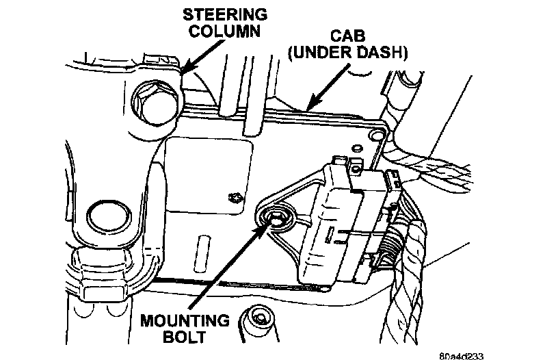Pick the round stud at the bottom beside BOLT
pyautogui.click(x=258, y=318)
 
